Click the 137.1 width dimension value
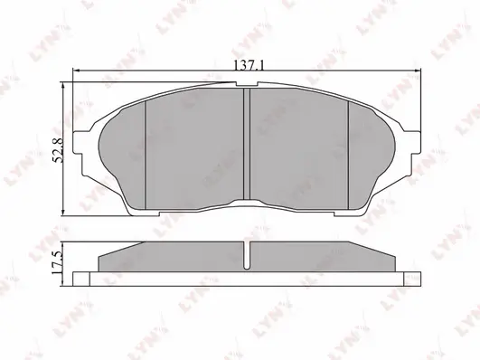click(x=244, y=66)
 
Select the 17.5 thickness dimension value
click(x=57, y=262)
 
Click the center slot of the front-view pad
click(x=248, y=145)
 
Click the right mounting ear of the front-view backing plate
click(x=411, y=145)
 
